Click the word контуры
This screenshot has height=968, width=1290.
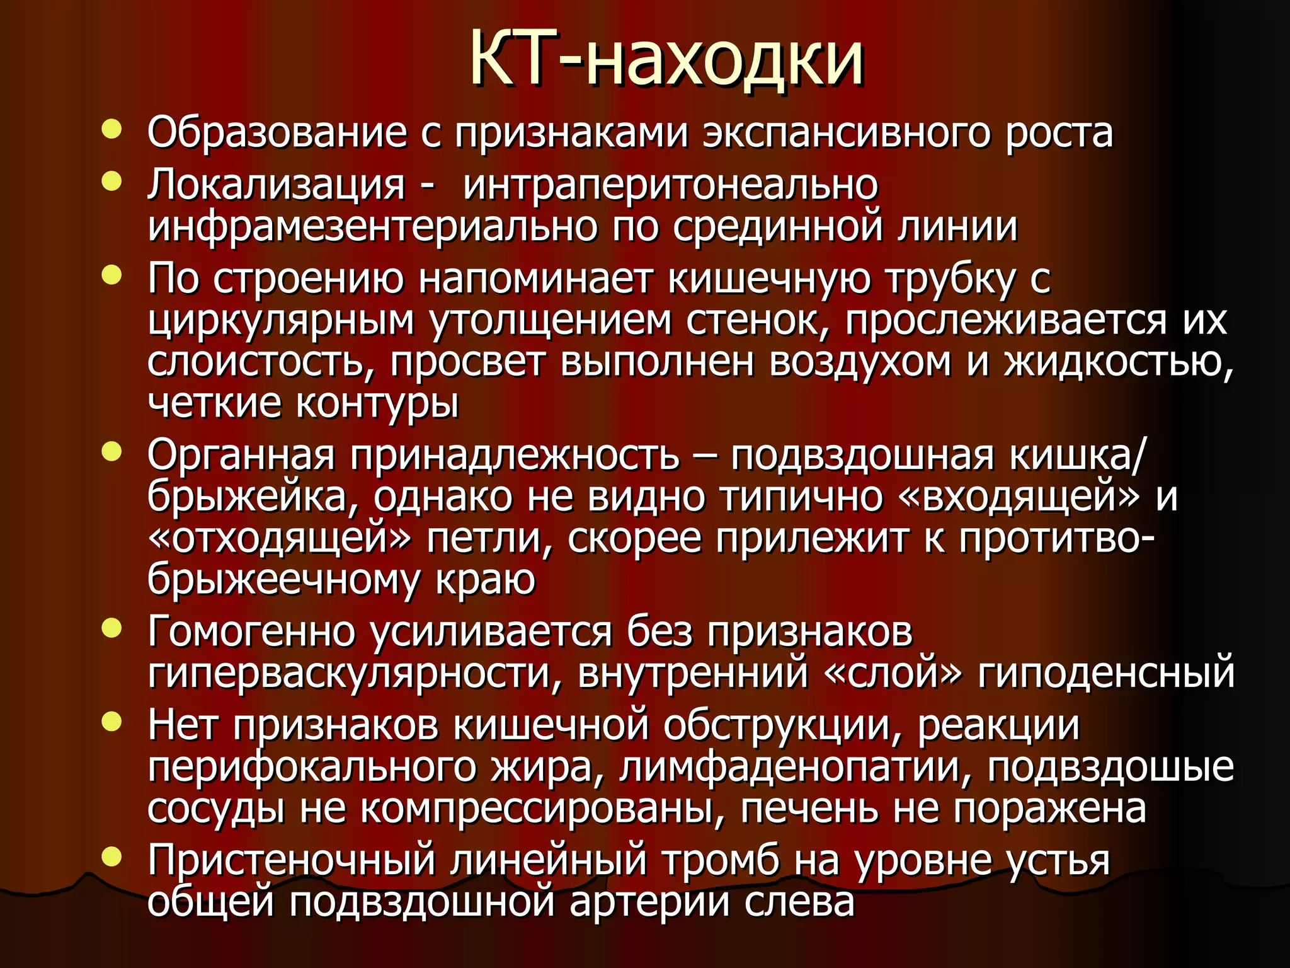coord(377,405)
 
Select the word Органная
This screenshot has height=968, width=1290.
coord(241,455)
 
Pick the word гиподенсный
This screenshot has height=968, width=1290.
coord(1106,673)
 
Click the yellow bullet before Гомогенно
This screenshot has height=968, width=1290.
coord(111,628)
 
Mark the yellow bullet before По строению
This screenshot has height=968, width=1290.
coord(111,275)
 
